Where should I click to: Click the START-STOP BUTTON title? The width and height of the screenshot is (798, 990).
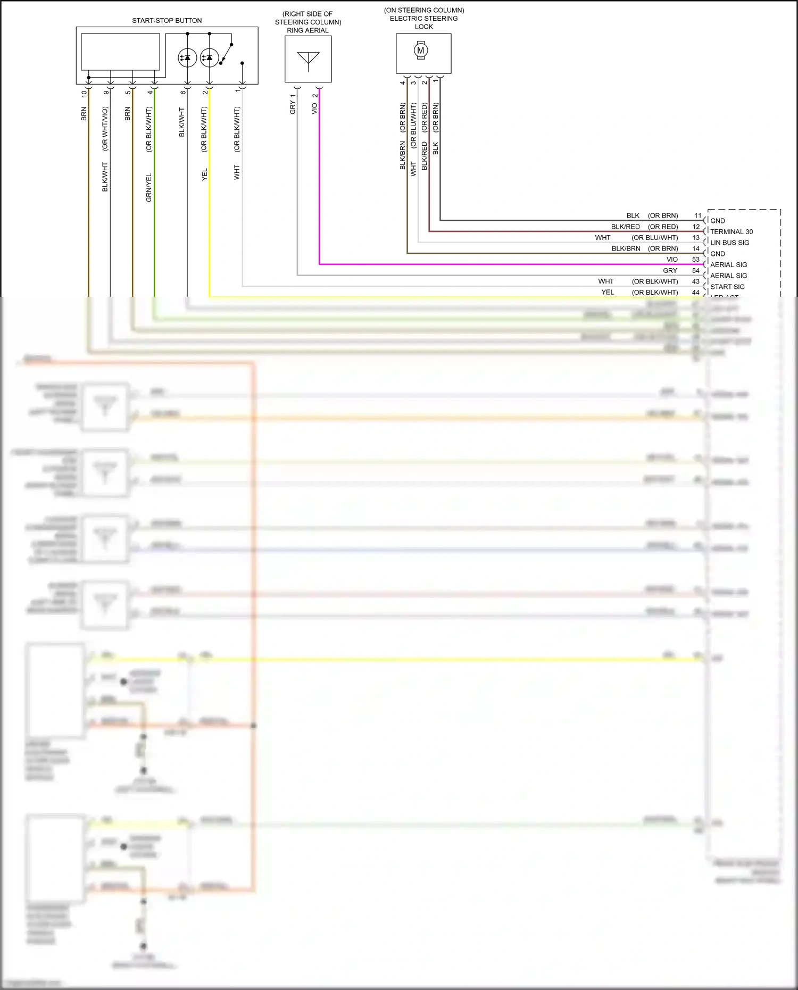[167, 21]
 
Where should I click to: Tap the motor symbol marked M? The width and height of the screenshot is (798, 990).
[421, 51]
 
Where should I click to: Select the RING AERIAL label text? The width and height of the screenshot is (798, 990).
[307, 30]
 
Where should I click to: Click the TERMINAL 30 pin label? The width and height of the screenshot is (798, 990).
[731, 232]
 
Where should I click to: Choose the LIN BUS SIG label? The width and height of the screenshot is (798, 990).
[729, 243]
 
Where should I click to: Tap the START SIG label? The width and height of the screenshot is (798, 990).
[727, 287]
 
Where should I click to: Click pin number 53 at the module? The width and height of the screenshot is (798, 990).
[696, 260]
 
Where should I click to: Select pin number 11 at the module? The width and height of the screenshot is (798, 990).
[698, 215]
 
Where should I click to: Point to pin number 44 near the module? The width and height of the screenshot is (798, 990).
[696, 293]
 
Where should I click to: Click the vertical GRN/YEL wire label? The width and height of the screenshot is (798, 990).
[149, 187]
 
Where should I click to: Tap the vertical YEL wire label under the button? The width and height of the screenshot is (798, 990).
[204, 174]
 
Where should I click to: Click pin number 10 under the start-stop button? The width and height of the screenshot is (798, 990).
[84, 94]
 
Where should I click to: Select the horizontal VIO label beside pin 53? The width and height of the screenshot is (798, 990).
[672, 260]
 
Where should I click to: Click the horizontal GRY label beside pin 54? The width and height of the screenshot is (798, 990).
[670, 271]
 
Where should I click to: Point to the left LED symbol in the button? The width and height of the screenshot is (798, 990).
[187, 57]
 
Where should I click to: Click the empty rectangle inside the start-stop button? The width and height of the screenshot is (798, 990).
[120, 52]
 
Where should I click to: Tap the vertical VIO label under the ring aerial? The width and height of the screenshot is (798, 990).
[314, 108]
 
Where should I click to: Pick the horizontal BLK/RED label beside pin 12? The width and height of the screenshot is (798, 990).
[625, 227]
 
